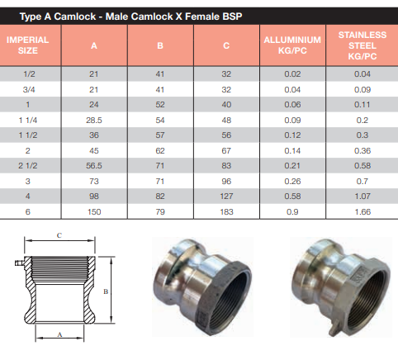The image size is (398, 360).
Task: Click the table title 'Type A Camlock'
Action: pos(58,17)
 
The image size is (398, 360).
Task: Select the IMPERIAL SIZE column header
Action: pos(27,45)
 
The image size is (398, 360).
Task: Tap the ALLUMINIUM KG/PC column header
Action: pos(292,45)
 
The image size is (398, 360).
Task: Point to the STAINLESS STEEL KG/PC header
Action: pos(362,45)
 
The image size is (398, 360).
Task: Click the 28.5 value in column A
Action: pos(94,121)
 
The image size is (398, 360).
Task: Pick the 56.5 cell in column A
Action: pos(94,166)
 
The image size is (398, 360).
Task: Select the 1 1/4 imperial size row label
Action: pos(28,121)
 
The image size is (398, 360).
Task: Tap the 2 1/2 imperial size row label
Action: pos(28,166)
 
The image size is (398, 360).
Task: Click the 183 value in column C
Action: pos(226,212)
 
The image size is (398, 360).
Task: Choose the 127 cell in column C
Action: pos(226,197)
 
